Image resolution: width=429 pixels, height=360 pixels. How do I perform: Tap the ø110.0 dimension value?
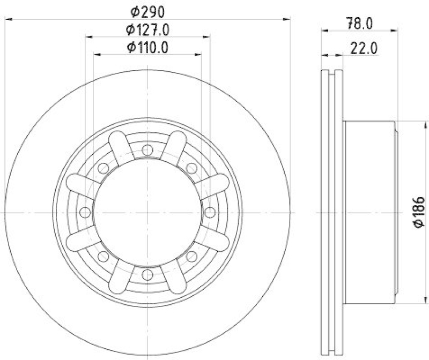[147, 47]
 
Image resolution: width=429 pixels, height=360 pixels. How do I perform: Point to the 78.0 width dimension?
[359, 22]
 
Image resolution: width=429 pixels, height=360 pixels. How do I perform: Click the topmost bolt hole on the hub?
[147, 151]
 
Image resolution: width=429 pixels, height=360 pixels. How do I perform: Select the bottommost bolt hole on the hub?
[147, 275]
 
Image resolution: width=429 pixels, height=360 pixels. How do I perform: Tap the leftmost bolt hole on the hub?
[85, 213]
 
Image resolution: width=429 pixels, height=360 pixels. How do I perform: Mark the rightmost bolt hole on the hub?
[210, 213]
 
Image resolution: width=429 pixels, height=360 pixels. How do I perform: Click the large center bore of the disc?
[147, 213]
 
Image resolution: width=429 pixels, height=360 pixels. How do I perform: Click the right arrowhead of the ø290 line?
[287, 19]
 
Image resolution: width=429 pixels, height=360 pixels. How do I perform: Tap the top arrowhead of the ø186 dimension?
[410, 125]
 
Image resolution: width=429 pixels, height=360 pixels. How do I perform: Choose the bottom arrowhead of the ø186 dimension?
[410, 300]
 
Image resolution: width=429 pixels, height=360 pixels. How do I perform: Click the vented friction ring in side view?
[332, 213]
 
